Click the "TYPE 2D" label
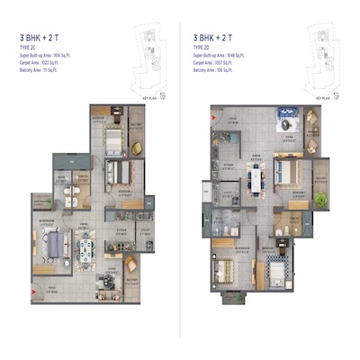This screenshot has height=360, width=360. pyautogui.click(x=204, y=47)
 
